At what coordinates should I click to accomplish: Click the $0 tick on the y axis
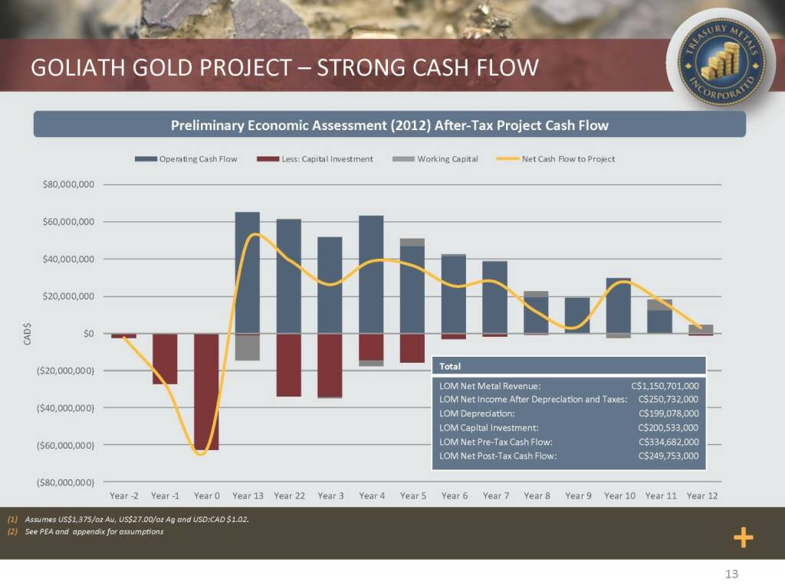tap(88, 334)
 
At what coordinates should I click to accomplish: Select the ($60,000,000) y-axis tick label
tap(67, 445)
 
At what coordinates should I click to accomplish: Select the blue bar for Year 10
tap(619, 305)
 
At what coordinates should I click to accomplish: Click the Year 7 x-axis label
tap(496, 496)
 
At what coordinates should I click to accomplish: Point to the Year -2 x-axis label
tap(124, 496)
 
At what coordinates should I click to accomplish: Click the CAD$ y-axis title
tap(28, 334)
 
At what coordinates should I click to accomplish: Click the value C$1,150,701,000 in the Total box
tap(664, 387)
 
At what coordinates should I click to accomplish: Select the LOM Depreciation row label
tap(477, 414)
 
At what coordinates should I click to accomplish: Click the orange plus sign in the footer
tap(743, 538)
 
